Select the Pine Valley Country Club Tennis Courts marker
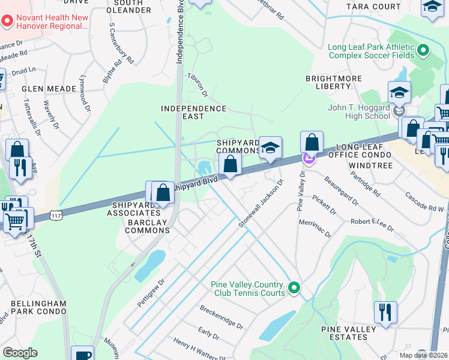294,289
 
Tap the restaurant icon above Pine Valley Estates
385,313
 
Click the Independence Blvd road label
179,36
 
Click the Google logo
20,352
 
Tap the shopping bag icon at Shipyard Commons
230,164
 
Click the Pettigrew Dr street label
151,292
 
